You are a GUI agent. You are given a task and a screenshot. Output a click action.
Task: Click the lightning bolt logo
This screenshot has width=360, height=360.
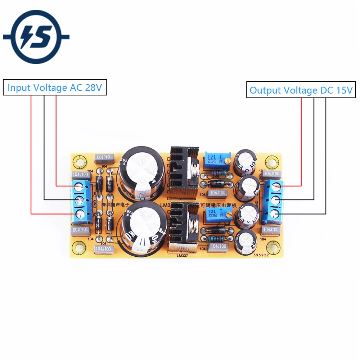point(36,37)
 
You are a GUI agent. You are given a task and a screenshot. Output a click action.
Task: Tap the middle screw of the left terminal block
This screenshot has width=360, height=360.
point(80,200)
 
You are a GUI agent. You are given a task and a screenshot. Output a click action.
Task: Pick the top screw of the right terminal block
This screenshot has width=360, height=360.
point(275,186)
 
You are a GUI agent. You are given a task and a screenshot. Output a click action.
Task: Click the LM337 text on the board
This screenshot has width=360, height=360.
point(183,256)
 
